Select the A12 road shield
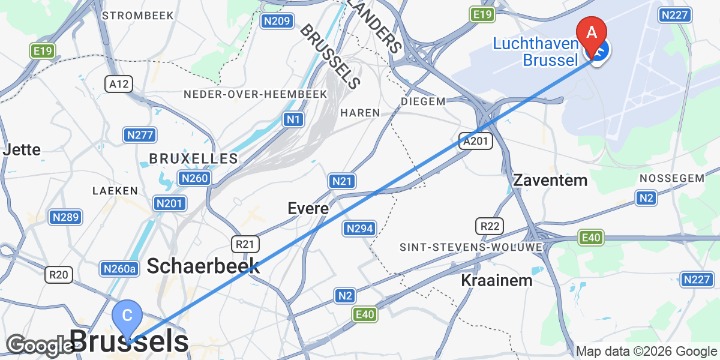pyautogui.click(x=118, y=84)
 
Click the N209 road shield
pyautogui.click(x=277, y=22)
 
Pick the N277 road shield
pyautogui.click(x=140, y=135)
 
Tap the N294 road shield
pyautogui.click(x=360, y=228)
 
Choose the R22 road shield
pyautogui.click(x=490, y=226)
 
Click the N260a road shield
pyautogui.click(x=119, y=269)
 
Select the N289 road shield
pyautogui.click(x=65, y=217)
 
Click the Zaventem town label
pyautogui.click(x=550, y=180)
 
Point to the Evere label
pyautogui.click(x=308, y=209)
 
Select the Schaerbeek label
pyautogui.click(x=203, y=266)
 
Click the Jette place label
pyautogui.click(x=22, y=149)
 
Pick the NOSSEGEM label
pyautogui.click(x=671, y=178)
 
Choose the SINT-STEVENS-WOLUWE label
pyautogui.click(x=471, y=247)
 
